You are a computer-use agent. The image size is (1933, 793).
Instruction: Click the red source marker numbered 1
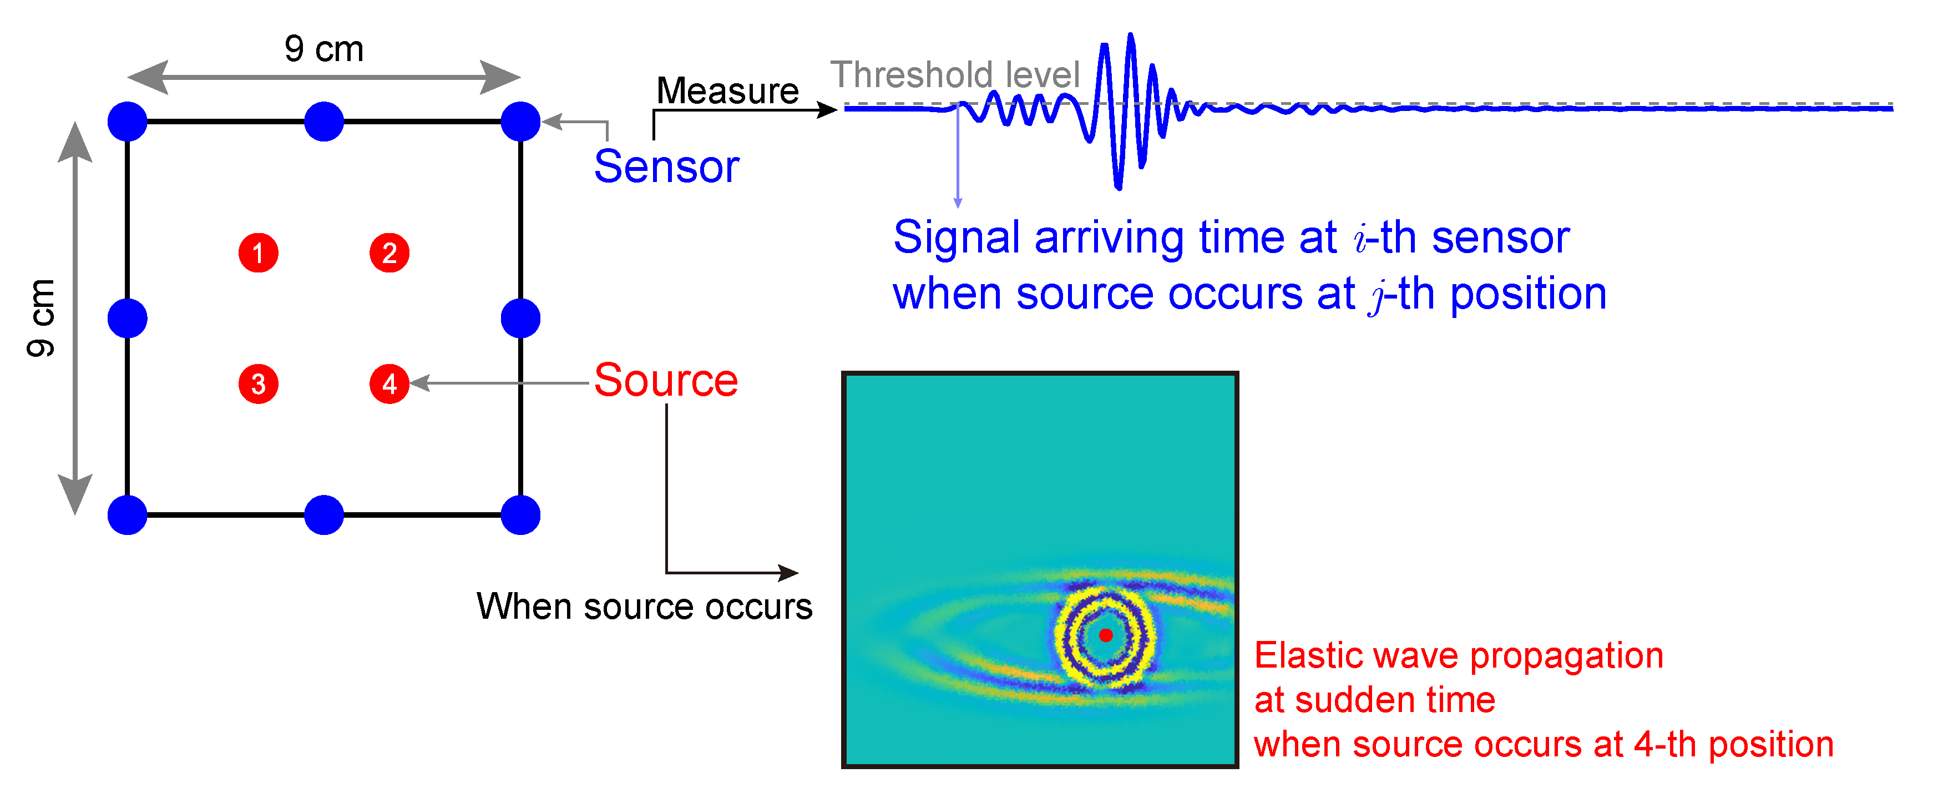pyautogui.click(x=258, y=253)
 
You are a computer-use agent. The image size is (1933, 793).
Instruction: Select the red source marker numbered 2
pyautogui.click(x=389, y=253)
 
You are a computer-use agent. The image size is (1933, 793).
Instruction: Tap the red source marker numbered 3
pyautogui.click(x=258, y=384)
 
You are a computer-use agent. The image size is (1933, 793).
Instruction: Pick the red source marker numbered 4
pyautogui.click(x=389, y=384)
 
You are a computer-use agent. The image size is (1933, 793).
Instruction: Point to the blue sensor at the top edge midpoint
pyautogui.click(x=324, y=122)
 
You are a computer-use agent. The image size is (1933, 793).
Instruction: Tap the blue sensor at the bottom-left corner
pyautogui.click(x=128, y=514)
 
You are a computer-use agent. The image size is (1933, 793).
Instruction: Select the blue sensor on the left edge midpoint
pyautogui.click(x=128, y=318)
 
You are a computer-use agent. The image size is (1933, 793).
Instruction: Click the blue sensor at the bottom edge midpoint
pyautogui.click(x=324, y=514)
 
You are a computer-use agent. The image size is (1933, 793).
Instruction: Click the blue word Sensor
pyautogui.click(x=666, y=166)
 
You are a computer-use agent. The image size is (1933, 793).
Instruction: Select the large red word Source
pyautogui.click(x=666, y=380)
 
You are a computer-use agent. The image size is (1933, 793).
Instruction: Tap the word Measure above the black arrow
pyautogui.click(x=727, y=91)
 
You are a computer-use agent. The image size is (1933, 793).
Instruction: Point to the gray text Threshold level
pyautogui.click(x=954, y=75)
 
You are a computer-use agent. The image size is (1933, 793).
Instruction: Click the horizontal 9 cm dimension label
pyautogui.click(x=324, y=49)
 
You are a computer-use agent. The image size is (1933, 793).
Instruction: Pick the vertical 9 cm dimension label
pyautogui.click(x=41, y=317)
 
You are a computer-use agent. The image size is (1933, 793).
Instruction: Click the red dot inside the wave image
pyautogui.click(x=1105, y=635)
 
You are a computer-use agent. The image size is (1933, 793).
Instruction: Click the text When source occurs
pyautogui.click(x=644, y=606)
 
